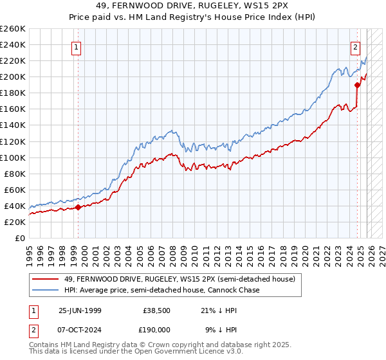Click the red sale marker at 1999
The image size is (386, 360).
tap(78, 207)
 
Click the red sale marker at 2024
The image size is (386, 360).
tap(357, 84)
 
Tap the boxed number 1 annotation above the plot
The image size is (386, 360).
tap(77, 46)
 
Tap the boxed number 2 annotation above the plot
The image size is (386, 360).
tap(355, 46)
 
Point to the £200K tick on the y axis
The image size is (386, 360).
tap(13, 76)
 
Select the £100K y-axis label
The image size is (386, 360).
tap(13, 157)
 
